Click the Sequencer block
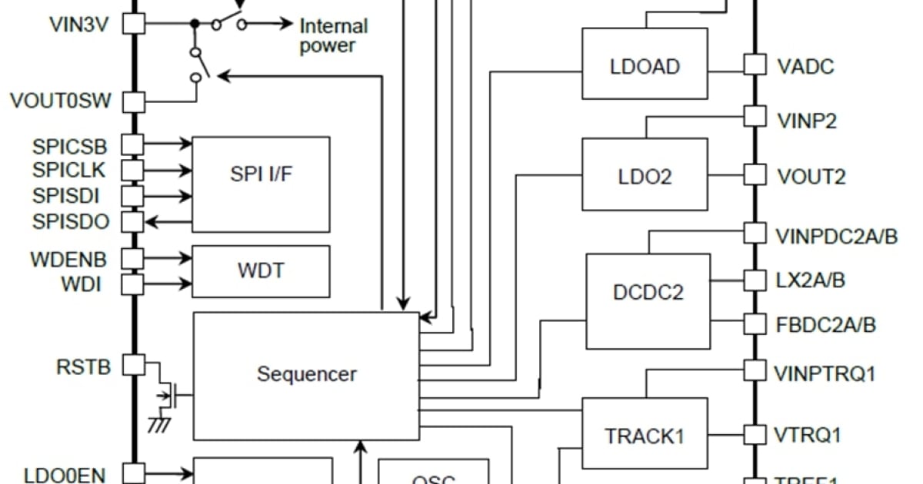(x=306, y=376)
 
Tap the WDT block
(x=261, y=271)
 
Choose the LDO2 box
(x=645, y=175)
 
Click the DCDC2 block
(x=648, y=293)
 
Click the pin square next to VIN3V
(x=135, y=23)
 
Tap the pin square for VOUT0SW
(x=135, y=101)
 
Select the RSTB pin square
(x=135, y=365)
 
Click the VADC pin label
(x=805, y=66)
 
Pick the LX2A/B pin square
(x=755, y=280)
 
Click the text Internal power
(x=333, y=35)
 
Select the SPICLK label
(x=70, y=168)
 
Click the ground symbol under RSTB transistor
(x=159, y=423)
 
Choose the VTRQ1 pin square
(x=755, y=435)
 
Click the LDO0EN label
(x=65, y=475)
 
